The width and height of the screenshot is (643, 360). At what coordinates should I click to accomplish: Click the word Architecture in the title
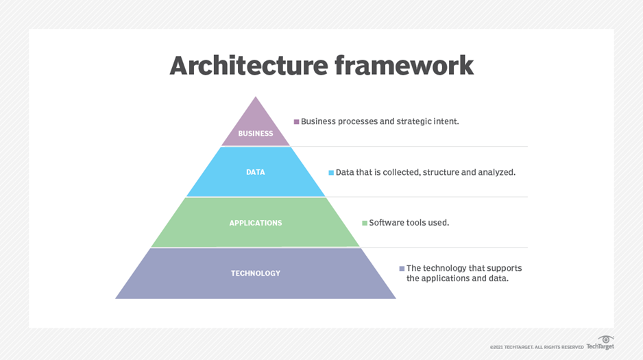pyautogui.click(x=247, y=66)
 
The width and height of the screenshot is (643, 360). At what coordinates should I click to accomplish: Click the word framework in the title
pyautogui.click(x=404, y=66)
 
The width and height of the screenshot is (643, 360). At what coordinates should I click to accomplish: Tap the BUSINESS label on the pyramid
pyautogui.click(x=256, y=134)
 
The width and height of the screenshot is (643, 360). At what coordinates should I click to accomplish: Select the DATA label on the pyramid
pyautogui.click(x=256, y=172)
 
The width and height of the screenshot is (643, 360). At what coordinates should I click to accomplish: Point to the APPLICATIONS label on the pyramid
pyautogui.click(x=256, y=223)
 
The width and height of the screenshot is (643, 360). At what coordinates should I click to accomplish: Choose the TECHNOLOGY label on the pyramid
pyautogui.click(x=256, y=274)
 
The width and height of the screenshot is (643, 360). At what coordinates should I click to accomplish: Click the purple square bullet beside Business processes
pyautogui.click(x=296, y=122)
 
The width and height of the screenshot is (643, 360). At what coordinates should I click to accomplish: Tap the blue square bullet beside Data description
pyautogui.click(x=331, y=173)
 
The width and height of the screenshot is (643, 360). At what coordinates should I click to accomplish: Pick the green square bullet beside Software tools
pyautogui.click(x=365, y=223)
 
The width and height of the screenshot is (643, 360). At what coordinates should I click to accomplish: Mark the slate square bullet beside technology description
pyautogui.click(x=402, y=269)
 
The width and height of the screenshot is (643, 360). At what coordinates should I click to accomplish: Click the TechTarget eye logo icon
pyautogui.click(x=605, y=339)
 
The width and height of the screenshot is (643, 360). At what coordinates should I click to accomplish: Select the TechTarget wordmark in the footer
pyautogui.click(x=600, y=347)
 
